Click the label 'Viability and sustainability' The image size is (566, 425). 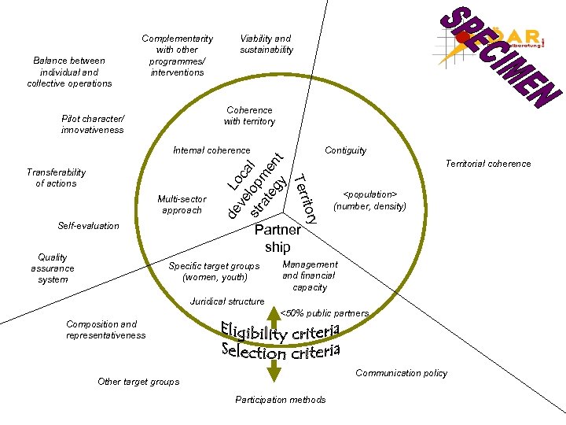coord(266,44)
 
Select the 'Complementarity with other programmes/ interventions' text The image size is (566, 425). coord(177,55)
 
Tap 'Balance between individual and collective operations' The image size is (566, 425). coord(69,72)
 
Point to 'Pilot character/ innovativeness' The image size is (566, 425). coord(93,124)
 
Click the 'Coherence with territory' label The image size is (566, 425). coord(249,116)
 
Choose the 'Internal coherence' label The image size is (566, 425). coord(211,150)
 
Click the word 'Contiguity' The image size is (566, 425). coord(345,150)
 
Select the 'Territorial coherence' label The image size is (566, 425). coord(488,164)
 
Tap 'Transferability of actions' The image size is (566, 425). coord(57,178)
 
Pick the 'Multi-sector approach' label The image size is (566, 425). coord(182,205)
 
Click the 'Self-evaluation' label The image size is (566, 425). coord(89,226)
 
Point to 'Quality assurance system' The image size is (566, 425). coord(53,268)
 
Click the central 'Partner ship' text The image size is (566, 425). coord(277,238)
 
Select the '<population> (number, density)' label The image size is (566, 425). coord(370,200)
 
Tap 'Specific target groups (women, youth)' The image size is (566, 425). coord(214,272)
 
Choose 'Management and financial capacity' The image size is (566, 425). coord(310,276)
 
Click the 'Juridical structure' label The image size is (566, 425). coord(227,301)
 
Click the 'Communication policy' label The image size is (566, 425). coord(401,373)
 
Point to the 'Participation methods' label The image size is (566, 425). coord(280,400)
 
